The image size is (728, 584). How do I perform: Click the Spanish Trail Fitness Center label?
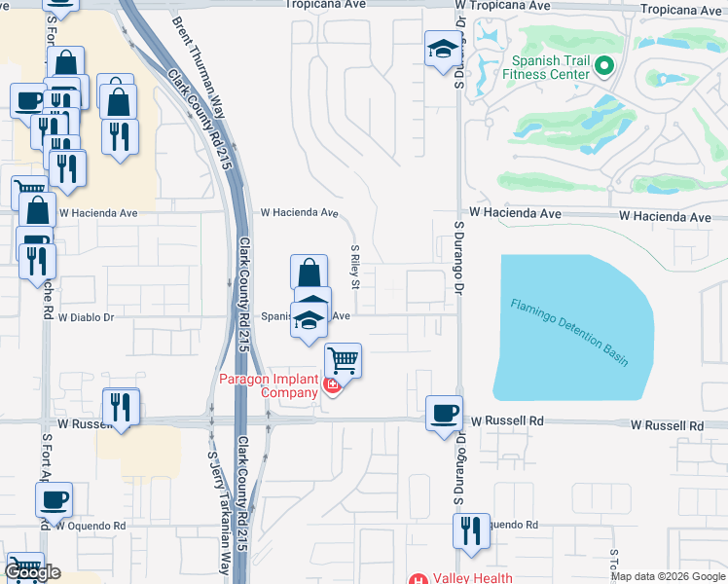(551, 66)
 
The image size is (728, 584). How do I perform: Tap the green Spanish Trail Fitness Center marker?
(603, 66)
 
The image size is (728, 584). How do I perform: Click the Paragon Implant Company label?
(268, 385)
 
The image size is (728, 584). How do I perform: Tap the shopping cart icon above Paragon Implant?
(343, 360)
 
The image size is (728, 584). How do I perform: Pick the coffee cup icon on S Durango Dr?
(443, 413)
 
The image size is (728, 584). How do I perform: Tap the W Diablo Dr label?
(87, 317)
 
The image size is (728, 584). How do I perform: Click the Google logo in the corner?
(32, 572)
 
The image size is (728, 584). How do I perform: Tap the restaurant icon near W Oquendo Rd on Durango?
(471, 531)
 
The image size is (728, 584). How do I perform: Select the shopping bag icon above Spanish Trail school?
(308, 272)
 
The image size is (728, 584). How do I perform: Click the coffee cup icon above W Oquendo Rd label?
(54, 499)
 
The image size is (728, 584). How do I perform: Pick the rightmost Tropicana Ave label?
(684, 10)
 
